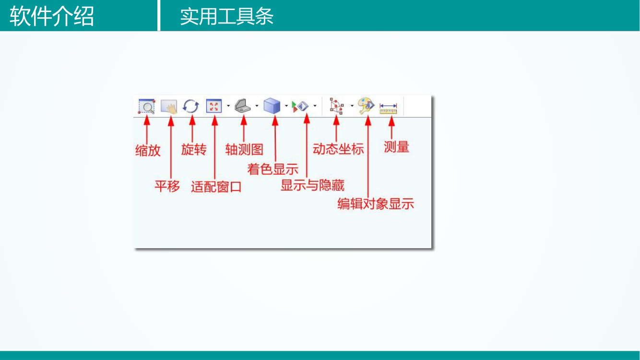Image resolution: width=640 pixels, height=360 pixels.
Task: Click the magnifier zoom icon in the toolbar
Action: [x=146, y=106]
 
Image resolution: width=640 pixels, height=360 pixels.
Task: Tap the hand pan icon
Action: [x=169, y=106]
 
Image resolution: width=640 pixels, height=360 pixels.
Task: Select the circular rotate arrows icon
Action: [x=191, y=106]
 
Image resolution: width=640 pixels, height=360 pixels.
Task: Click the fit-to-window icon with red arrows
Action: [x=213, y=106]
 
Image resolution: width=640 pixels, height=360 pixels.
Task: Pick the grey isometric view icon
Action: [x=242, y=106]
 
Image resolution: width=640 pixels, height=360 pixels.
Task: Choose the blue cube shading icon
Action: [x=272, y=106]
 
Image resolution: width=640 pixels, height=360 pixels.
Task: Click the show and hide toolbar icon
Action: [x=301, y=106]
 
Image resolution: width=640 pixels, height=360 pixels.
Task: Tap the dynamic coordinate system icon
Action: [x=336, y=106]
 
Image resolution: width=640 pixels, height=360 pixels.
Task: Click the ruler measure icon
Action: [x=388, y=108]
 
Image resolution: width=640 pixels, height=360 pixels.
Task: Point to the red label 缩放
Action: [x=148, y=151]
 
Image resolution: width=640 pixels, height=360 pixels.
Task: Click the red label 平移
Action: [x=167, y=186]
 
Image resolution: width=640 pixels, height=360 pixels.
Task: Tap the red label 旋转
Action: [x=194, y=149]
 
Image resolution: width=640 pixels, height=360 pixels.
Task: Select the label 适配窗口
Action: [x=216, y=187]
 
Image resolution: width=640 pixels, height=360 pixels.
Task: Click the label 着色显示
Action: [x=273, y=169]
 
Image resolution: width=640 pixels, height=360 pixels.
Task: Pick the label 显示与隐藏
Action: [x=312, y=185]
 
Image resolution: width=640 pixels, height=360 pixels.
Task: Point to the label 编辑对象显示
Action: [x=376, y=204]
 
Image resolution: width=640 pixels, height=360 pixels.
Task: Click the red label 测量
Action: [x=397, y=147]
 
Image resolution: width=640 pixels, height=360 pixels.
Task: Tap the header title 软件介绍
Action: [x=52, y=16]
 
